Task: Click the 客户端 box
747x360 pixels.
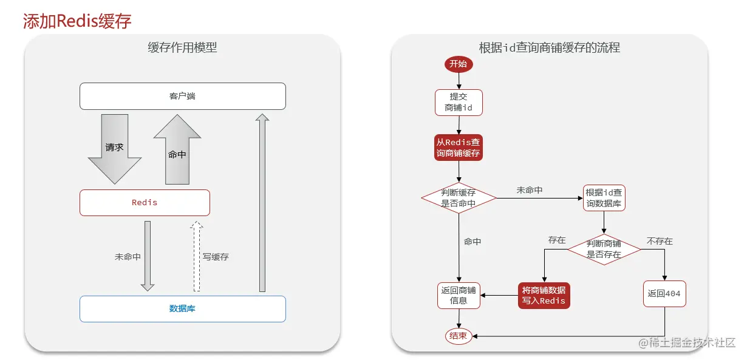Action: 182,96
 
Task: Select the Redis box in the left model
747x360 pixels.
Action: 145,203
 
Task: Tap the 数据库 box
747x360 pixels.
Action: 182,308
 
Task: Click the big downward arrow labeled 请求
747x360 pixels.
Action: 115,149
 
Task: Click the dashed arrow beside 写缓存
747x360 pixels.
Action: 196,256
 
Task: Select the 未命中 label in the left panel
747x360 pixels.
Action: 128,257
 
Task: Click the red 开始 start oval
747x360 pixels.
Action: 459,64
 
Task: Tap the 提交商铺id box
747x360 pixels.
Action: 459,103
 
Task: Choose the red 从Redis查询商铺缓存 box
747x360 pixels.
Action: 459,148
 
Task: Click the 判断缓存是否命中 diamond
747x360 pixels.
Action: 459,198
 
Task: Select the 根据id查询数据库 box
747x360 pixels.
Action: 604,198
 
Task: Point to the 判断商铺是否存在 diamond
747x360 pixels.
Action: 604,250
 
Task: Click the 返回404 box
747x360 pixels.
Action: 664,293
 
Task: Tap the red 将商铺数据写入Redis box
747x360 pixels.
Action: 544,295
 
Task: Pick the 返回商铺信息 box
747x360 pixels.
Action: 459,295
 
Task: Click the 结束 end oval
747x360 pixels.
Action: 459,336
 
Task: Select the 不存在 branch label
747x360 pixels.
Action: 660,241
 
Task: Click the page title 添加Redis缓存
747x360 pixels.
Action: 77,21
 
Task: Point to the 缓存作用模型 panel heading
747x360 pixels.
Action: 182,47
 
